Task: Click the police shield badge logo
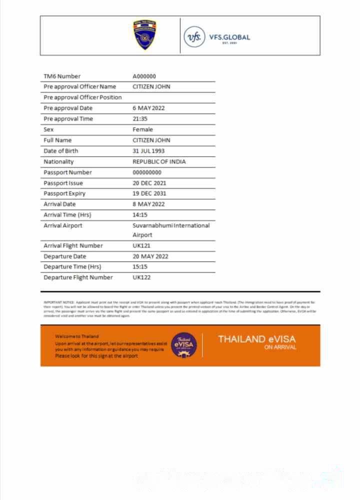(144, 35)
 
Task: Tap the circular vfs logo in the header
(194, 37)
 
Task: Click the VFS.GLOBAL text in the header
(229, 37)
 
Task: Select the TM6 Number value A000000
(144, 76)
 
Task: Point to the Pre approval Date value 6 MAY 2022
(148, 108)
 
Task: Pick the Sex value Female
(142, 129)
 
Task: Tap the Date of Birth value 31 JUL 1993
(148, 151)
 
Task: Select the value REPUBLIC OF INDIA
(159, 161)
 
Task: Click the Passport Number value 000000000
(147, 172)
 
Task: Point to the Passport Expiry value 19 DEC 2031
(149, 193)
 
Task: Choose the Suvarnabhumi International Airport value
(171, 230)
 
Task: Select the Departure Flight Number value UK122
(141, 277)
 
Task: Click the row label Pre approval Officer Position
(82, 97)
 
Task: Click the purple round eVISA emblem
(184, 345)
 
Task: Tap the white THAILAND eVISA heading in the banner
(256, 339)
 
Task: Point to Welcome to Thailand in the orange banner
(77, 336)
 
